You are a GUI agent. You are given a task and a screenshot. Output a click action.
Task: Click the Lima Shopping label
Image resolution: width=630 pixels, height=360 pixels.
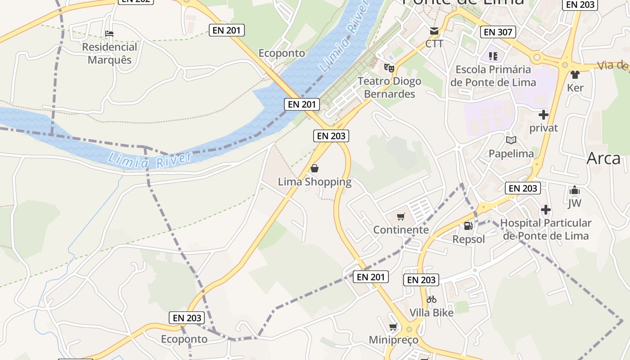[x=315, y=182]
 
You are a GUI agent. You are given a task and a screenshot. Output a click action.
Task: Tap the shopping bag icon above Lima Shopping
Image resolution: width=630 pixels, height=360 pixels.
[x=315, y=169]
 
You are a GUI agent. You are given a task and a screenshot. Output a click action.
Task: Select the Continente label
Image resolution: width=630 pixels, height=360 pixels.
[x=401, y=230]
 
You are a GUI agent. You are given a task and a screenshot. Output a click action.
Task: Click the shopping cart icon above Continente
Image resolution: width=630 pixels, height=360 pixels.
[x=401, y=217]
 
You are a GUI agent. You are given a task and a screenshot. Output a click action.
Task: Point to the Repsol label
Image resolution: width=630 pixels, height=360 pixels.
[x=469, y=239]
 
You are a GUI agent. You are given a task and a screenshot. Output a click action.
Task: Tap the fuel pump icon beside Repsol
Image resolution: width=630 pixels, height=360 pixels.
[x=468, y=226]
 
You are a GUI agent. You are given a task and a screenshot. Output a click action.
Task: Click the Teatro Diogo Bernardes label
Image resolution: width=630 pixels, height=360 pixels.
[x=389, y=87]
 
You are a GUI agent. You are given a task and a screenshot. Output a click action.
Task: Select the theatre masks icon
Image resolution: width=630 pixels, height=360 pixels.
[x=389, y=68]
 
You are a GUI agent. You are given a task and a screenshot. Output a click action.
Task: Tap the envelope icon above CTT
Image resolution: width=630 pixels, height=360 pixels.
[x=434, y=31]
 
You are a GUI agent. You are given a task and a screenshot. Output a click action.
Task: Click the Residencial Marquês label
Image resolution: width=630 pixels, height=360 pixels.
[x=109, y=53]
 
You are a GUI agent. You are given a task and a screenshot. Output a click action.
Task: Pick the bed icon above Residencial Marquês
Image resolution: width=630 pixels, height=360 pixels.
[x=109, y=34]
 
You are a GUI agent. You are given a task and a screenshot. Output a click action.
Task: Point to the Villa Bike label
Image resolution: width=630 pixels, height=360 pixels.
[x=432, y=312]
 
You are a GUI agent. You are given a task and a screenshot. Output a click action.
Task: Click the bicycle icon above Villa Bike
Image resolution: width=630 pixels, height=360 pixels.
[x=432, y=299]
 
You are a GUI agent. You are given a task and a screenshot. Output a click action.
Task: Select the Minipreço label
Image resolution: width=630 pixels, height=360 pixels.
[x=393, y=340]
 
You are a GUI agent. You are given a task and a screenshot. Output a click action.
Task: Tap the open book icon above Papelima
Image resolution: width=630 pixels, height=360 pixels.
[x=511, y=140]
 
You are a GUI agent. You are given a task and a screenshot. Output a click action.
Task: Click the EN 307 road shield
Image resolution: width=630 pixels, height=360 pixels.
[x=498, y=32]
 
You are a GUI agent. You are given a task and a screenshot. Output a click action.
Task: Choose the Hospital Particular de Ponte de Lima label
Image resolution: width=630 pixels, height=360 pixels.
[x=545, y=229]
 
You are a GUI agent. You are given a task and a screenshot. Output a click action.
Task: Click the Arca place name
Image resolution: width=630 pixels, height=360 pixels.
[x=603, y=158]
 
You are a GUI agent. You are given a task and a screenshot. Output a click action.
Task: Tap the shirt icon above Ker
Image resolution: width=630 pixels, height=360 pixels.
[x=575, y=75]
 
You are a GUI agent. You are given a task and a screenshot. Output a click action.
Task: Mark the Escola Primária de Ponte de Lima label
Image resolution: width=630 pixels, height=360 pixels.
[x=493, y=76]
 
